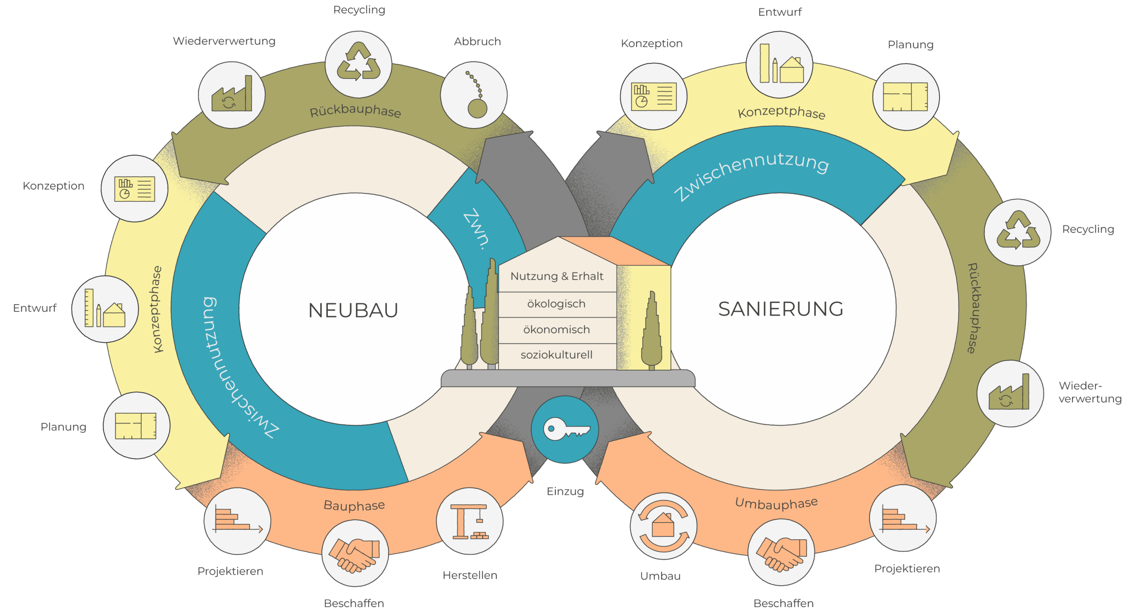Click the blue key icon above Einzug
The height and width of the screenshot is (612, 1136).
(565, 429)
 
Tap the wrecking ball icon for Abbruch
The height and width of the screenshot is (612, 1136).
(474, 95)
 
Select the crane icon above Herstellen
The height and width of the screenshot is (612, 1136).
(469, 521)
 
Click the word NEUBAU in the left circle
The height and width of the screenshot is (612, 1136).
(353, 310)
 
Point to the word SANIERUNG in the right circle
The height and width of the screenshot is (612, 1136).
(781, 309)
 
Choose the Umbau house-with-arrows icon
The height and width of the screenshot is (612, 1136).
(663, 526)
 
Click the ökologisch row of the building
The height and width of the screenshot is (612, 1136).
(556, 304)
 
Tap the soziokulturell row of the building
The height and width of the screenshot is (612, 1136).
(556, 355)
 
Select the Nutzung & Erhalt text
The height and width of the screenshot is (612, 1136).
(557, 276)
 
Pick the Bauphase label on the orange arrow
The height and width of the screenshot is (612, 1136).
(354, 505)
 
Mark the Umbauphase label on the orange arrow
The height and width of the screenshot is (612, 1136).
(776, 503)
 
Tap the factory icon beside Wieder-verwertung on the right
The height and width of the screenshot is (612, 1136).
(1010, 394)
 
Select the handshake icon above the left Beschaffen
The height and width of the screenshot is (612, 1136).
(355, 553)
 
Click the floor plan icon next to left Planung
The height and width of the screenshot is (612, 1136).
(136, 426)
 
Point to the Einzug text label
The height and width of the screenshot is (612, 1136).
(565, 491)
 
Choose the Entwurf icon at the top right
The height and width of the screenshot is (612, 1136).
(779, 64)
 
